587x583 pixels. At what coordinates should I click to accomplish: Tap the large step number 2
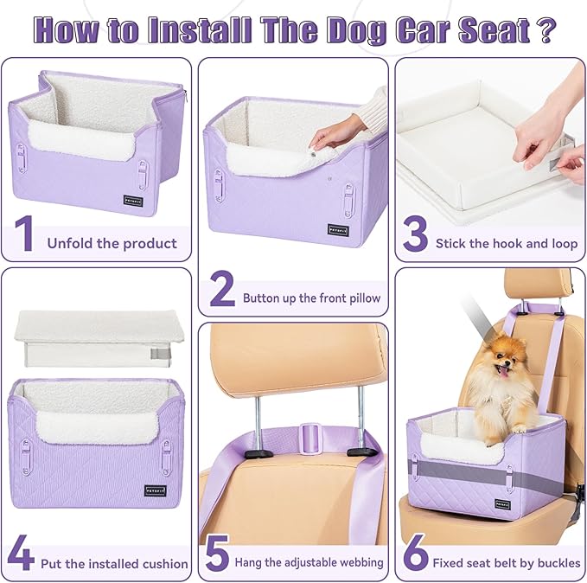221,291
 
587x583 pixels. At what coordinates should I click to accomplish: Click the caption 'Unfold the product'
112,243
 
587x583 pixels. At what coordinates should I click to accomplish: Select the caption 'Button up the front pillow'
311,298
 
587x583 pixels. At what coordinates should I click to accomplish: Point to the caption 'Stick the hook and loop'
506,244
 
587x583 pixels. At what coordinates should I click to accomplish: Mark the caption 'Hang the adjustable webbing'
309,562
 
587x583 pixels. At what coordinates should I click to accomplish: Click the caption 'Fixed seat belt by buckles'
507,562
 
